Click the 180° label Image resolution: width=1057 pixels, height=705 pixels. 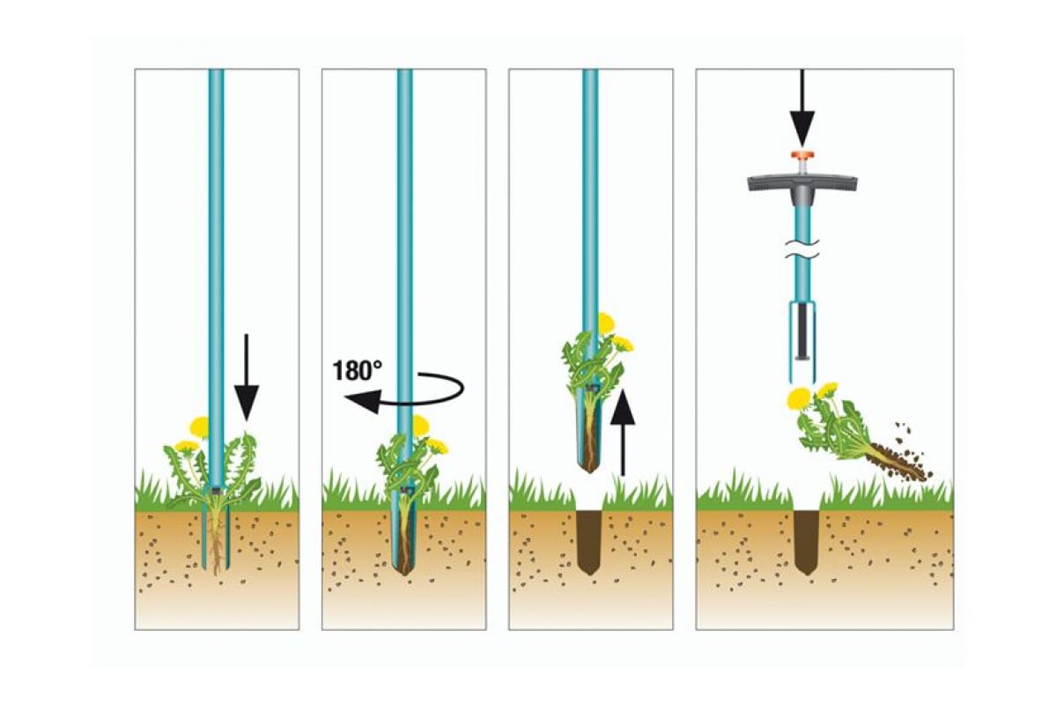coord(358,369)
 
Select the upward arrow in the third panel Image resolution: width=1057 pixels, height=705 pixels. coord(622,432)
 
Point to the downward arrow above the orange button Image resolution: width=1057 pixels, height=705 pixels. coord(802,106)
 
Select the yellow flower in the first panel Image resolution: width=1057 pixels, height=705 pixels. coord(200,427)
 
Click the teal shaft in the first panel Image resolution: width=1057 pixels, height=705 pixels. coord(216,264)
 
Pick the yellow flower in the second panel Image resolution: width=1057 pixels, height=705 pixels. coord(421,426)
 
